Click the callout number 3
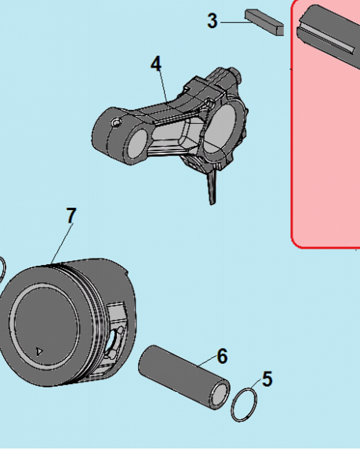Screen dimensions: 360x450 212,21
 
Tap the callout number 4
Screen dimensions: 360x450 156,63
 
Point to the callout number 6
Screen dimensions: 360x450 222,356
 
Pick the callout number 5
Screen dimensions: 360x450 267,378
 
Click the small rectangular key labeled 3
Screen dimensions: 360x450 265,22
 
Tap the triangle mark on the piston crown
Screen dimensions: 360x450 39,351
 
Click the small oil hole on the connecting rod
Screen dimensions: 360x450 116,122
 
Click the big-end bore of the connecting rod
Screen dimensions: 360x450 222,123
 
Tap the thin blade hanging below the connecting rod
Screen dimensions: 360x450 212,187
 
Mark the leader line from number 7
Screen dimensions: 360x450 62,243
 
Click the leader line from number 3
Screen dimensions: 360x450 233,22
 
